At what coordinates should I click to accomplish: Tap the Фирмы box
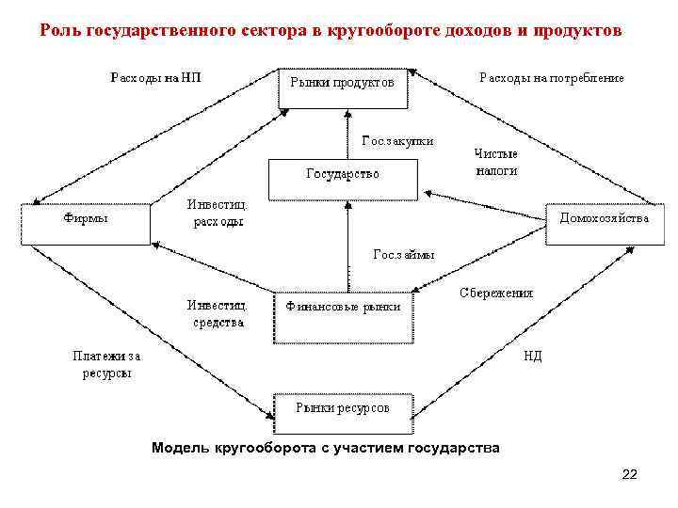[x=85, y=222]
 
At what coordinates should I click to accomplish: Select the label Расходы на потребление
[x=551, y=77]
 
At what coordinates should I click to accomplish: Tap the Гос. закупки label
[x=397, y=141]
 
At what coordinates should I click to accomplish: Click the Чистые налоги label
[x=496, y=162]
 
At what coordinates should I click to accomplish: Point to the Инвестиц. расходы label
[x=218, y=214]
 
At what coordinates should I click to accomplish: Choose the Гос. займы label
[x=404, y=254]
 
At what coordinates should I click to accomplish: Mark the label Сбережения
[x=496, y=293]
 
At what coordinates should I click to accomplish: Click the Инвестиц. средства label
[x=218, y=313]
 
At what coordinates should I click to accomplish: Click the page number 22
[x=629, y=474]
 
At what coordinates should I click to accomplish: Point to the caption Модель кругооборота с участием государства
[x=325, y=447]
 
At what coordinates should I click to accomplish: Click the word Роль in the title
[x=60, y=30]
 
